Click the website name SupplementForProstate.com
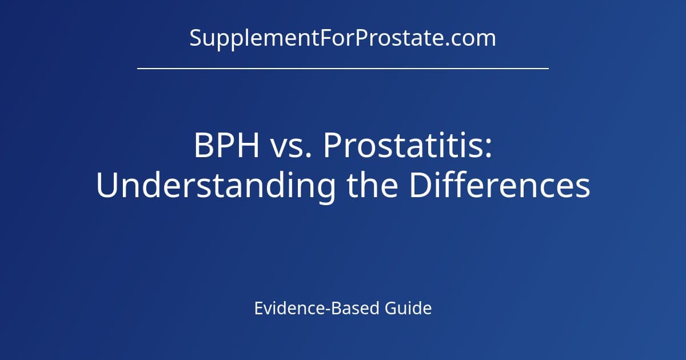(342, 38)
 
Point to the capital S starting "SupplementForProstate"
(195, 38)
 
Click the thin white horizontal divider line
(342, 69)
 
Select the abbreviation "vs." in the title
(289, 147)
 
